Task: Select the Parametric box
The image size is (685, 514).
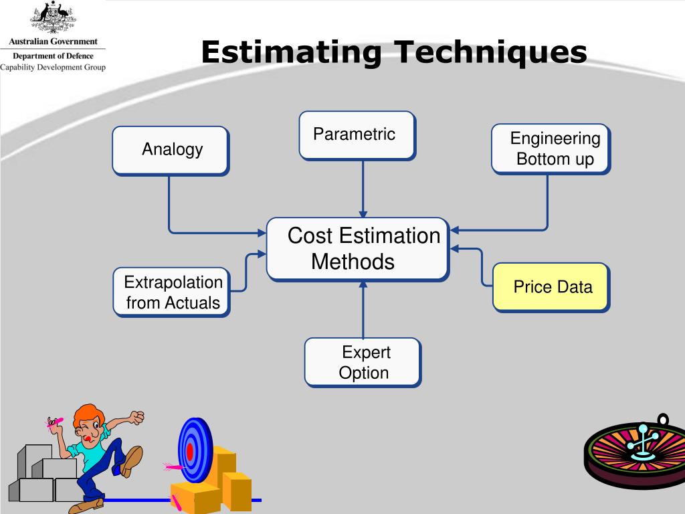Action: [357, 135]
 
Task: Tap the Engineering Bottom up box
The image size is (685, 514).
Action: [551, 149]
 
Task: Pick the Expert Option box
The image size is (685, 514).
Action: [363, 362]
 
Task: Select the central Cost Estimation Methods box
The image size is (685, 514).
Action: [357, 248]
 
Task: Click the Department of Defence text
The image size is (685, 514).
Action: [53, 56]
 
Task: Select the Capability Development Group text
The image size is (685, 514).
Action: [53, 67]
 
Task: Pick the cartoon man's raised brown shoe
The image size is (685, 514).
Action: [132, 461]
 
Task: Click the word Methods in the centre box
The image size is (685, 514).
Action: [353, 262]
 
